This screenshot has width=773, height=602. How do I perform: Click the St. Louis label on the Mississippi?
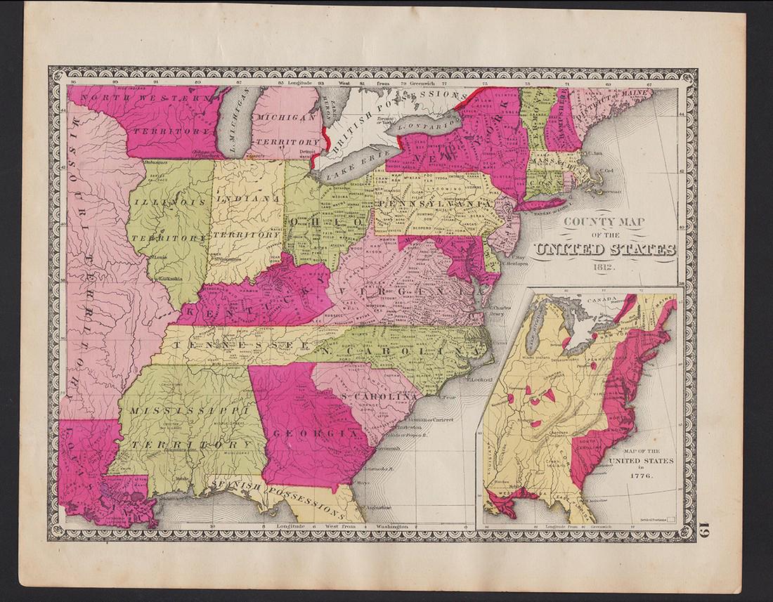tap(162, 258)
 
